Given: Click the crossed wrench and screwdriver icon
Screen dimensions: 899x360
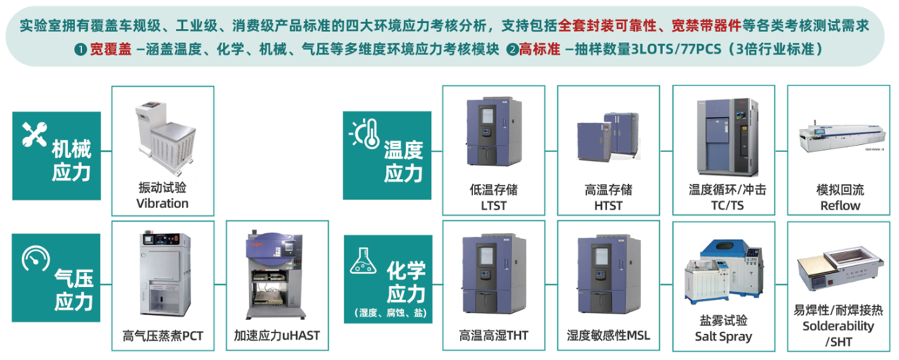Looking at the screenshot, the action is pyautogui.click(x=34, y=134).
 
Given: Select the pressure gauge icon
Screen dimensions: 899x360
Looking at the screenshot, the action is pyautogui.click(x=35, y=259).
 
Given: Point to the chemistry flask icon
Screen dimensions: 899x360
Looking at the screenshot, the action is pyautogui.click(x=363, y=261).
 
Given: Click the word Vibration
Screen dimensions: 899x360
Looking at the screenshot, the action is pyautogui.click(x=162, y=204).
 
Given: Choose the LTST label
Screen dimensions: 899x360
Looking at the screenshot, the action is pyautogui.click(x=493, y=206).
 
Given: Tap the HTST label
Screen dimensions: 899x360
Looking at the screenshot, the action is pyautogui.click(x=609, y=206).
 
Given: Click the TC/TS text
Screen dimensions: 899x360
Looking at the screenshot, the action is pyautogui.click(x=727, y=206).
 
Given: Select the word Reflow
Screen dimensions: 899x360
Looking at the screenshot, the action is pyautogui.click(x=840, y=206).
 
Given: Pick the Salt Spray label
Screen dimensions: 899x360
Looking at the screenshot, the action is pyautogui.click(x=723, y=336).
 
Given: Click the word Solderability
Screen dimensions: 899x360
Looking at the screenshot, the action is pyautogui.click(x=838, y=326).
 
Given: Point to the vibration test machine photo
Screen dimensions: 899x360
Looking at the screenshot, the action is pyautogui.click(x=165, y=138).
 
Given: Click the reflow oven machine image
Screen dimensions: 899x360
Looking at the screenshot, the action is pyautogui.click(x=842, y=138).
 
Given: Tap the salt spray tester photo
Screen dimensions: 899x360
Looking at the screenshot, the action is pyautogui.click(x=723, y=274).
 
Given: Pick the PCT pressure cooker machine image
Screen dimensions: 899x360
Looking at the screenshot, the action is pyautogui.click(x=164, y=274).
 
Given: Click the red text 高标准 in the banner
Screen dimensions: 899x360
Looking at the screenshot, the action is pyautogui.click(x=540, y=49).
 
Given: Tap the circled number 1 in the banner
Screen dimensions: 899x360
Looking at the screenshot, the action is pyautogui.click(x=80, y=50).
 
